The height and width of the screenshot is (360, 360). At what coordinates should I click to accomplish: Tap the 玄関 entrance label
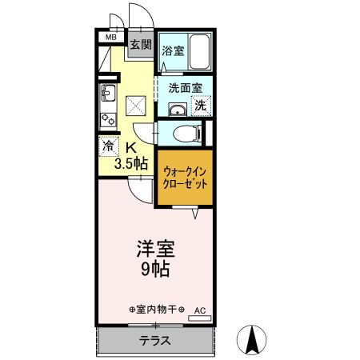[x=141, y=45]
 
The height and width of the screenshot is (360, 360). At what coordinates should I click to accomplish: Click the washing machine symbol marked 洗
[x=201, y=105]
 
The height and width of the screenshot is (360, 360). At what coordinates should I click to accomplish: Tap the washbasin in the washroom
[x=175, y=110]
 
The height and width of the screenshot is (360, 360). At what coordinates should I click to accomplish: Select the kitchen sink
[x=108, y=97]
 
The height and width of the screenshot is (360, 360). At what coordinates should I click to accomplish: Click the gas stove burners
[x=108, y=119]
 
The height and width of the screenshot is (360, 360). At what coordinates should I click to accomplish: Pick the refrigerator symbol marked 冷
[x=109, y=147]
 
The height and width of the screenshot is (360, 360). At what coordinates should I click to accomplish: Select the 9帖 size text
[x=156, y=270]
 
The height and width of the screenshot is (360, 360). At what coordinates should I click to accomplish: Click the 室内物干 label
[x=157, y=309]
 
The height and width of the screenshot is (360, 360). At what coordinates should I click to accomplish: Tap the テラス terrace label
[x=156, y=340]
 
